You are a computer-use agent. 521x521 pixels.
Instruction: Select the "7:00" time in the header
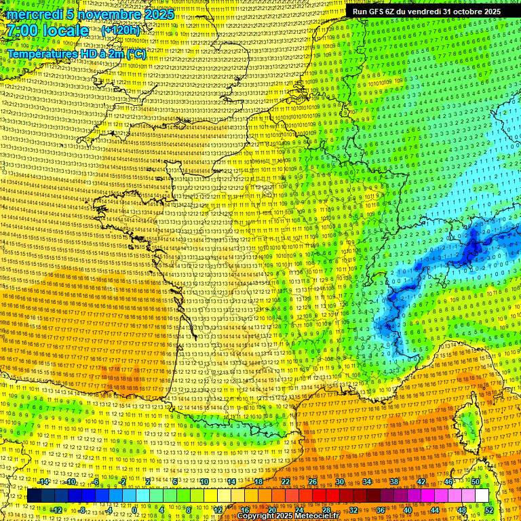click(24, 31)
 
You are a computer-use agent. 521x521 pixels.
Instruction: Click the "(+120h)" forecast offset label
click(121, 30)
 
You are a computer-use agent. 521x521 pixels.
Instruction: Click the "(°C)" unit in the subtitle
click(135, 53)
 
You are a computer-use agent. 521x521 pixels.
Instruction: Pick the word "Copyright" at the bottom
click(256, 516)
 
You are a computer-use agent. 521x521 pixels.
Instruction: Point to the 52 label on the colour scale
click(488, 509)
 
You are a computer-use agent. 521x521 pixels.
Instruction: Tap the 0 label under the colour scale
click(134, 509)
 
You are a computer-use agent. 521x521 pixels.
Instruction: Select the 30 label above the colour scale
click(340, 482)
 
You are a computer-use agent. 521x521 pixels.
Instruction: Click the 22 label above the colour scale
click(286, 482)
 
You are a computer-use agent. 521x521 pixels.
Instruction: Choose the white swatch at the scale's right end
click(482, 496)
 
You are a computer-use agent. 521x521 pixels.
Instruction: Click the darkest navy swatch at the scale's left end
click(34, 496)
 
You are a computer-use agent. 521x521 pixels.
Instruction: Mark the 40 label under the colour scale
click(407, 509)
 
